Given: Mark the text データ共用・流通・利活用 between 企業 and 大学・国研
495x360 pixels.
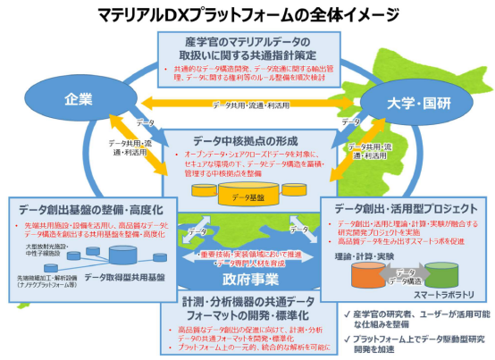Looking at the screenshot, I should [x=247, y=105].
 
